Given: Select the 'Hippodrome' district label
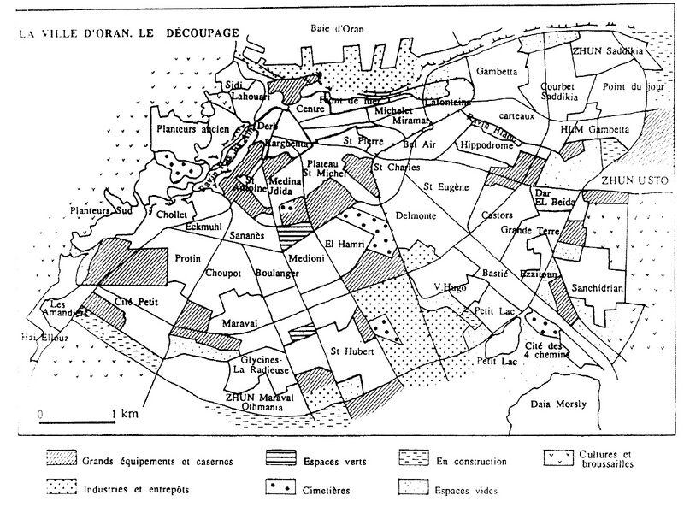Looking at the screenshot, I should (486, 145).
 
